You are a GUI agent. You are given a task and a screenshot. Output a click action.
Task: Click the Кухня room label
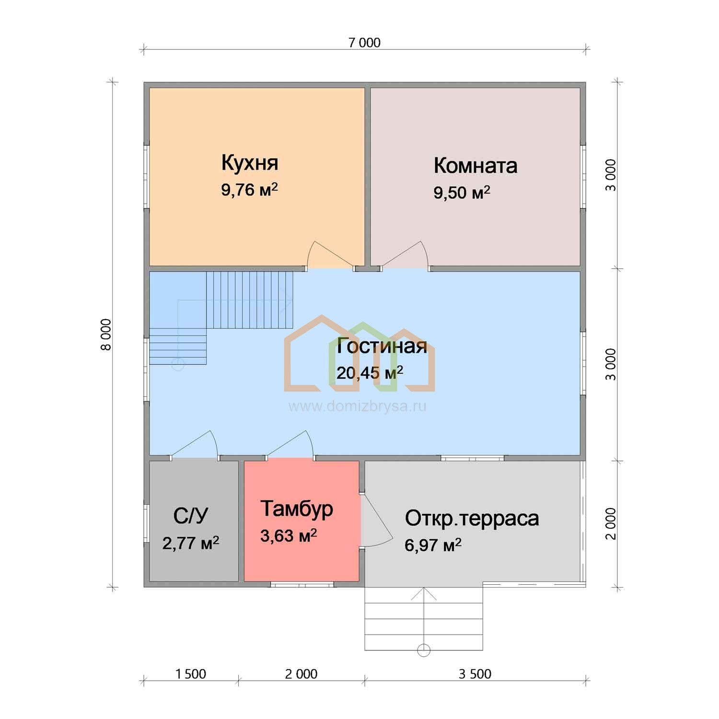point(250,163)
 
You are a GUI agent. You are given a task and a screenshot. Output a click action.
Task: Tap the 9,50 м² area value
point(462,192)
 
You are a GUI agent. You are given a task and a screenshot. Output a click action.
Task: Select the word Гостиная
point(382,346)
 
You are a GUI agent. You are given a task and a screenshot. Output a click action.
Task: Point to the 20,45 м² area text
point(370,372)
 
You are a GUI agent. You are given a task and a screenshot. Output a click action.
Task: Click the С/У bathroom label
point(191,516)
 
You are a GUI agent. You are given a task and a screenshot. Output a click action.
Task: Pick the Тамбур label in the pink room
point(297,509)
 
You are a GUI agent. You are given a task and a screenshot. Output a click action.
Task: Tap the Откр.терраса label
point(472,519)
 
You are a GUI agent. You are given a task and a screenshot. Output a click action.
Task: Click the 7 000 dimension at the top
point(364,43)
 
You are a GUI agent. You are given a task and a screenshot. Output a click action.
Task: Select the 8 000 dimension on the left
point(105,334)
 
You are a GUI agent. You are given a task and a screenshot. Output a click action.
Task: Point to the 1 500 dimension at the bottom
point(191,674)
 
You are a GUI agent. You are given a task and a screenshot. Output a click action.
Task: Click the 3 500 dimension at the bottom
point(475,674)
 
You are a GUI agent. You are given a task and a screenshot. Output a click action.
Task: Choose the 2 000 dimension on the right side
point(611,524)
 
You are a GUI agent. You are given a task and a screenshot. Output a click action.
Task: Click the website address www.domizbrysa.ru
point(357,406)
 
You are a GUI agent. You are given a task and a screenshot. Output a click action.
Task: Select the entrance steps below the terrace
point(424,618)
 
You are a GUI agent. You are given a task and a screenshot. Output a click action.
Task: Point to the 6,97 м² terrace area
point(433,545)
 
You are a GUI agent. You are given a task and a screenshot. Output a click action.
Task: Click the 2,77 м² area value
point(191,543)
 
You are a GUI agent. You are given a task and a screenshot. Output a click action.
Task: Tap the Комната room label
point(475,166)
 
